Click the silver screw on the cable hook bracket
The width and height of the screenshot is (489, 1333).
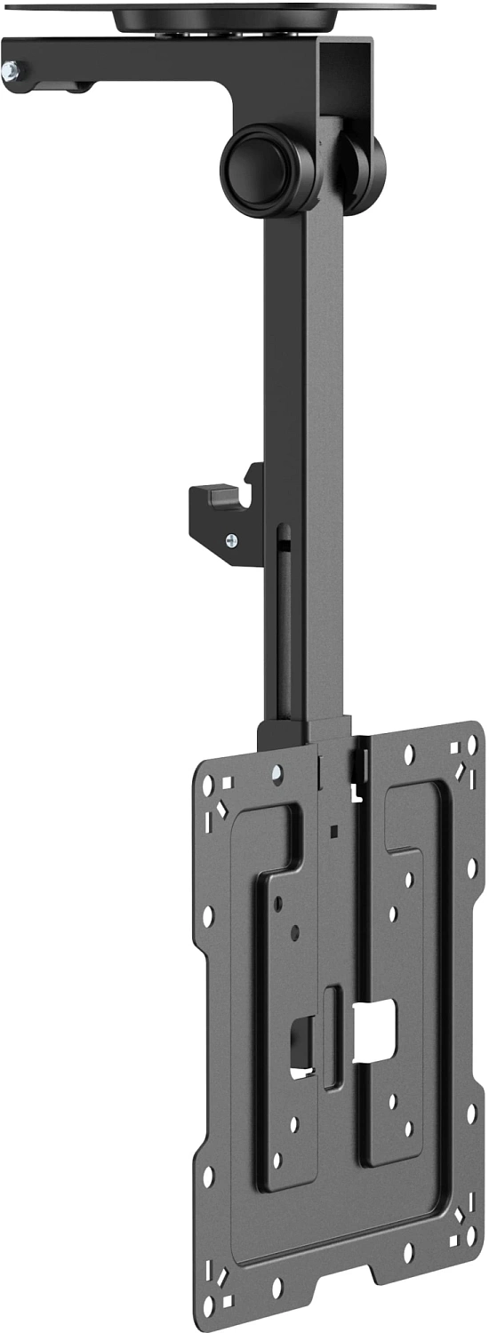232,539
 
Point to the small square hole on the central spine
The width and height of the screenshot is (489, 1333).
332,832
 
